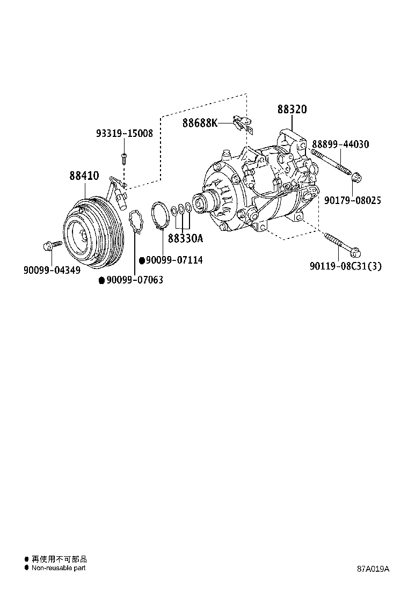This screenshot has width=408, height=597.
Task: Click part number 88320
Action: tap(292, 110)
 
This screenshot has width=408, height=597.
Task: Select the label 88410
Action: tap(84, 176)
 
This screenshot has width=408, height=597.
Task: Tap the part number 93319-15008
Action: tap(125, 134)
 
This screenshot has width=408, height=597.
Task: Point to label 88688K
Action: tap(200, 123)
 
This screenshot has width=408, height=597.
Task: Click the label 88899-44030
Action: tap(340, 144)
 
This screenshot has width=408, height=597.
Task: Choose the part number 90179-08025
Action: tap(353, 200)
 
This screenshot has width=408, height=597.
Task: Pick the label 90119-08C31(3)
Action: tap(346, 266)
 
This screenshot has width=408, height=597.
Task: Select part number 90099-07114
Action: tap(174, 260)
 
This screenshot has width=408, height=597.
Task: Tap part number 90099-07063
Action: tap(134, 280)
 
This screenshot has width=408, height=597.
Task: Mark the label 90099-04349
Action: tap(52, 270)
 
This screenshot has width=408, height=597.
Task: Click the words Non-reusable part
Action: tap(58, 567)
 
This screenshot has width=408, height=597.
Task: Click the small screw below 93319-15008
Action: tap(124, 158)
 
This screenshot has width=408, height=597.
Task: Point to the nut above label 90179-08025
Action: tap(356, 176)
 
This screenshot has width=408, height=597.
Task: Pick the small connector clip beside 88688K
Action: tap(242, 124)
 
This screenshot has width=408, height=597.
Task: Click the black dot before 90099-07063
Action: tap(101, 280)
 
